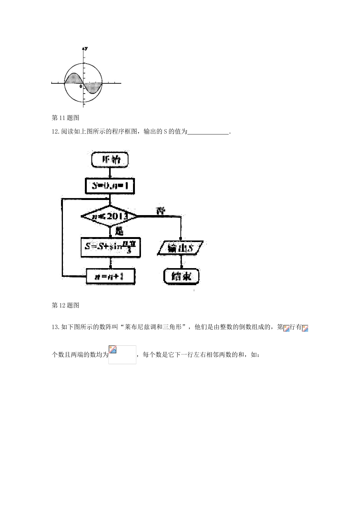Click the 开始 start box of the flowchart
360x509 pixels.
click(110, 160)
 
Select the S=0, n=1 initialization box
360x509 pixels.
click(110, 186)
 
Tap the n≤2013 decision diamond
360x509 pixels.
click(110, 216)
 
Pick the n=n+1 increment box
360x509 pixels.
click(110, 277)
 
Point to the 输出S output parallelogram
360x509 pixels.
click(180, 248)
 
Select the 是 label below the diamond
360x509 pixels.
click(119, 230)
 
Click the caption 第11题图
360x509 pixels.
click(66, 118)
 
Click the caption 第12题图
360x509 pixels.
click(66, 305)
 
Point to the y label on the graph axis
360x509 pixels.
click(86, 48)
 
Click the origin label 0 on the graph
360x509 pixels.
click(81, 87)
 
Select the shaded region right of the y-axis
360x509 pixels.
click(93, 87)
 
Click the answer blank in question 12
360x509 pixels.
click(208, 132)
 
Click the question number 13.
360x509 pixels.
click(55, 327)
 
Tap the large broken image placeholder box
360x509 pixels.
click(122, 355)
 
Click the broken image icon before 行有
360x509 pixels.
click(286, 328)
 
